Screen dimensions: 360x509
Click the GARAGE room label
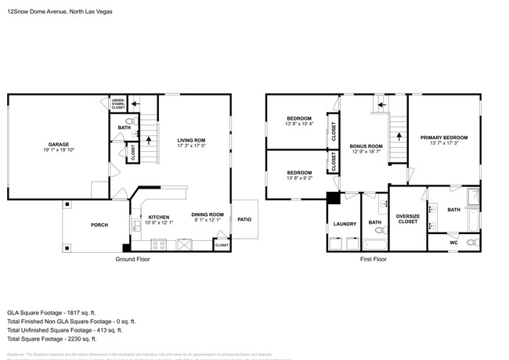coord(59,144)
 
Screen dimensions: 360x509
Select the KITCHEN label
coord(159,217)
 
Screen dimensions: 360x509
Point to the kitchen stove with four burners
coord(158,244)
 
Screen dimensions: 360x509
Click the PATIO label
coord(244,218)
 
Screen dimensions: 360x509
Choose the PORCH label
coord(99,225)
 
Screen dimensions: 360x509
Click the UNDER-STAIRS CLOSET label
coord(118,104)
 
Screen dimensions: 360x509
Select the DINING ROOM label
coord(208,214)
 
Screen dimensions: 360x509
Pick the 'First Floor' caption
coord(374,259)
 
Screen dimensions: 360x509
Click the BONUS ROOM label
coord(366,146)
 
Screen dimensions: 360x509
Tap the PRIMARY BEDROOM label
coord(444,138)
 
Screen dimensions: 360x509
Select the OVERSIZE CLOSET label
coord(407,218)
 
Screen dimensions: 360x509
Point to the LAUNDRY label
coord(345,225)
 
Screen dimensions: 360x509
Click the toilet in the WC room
coord(471,243)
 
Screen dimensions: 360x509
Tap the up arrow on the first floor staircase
coord(399,135)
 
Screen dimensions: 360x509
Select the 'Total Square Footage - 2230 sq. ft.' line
coord(52,339)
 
